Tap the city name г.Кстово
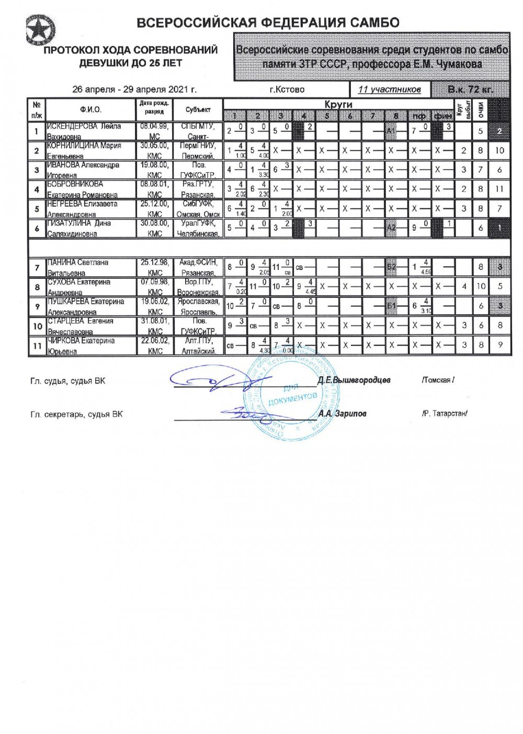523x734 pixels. tap(287, 89)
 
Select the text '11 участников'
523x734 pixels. tap(389, 89)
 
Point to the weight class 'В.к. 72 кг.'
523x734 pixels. tap(470, 89)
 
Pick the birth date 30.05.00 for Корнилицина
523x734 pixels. tap(154, 145)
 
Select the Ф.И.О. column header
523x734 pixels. tap(91, 110)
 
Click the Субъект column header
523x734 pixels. tap(198, 110)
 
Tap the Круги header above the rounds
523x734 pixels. tap(338, 105)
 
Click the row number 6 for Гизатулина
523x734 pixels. tap(37, 229)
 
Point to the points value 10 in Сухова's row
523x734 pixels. tap(481, 287)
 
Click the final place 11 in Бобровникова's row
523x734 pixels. tap(499, 189)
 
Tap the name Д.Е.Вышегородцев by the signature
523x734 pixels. tap(354, 380)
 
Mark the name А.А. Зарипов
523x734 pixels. tap(342, 413)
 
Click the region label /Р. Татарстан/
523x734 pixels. tap(445, 413)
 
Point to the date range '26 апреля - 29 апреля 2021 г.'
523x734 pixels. tap(134, 89)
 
